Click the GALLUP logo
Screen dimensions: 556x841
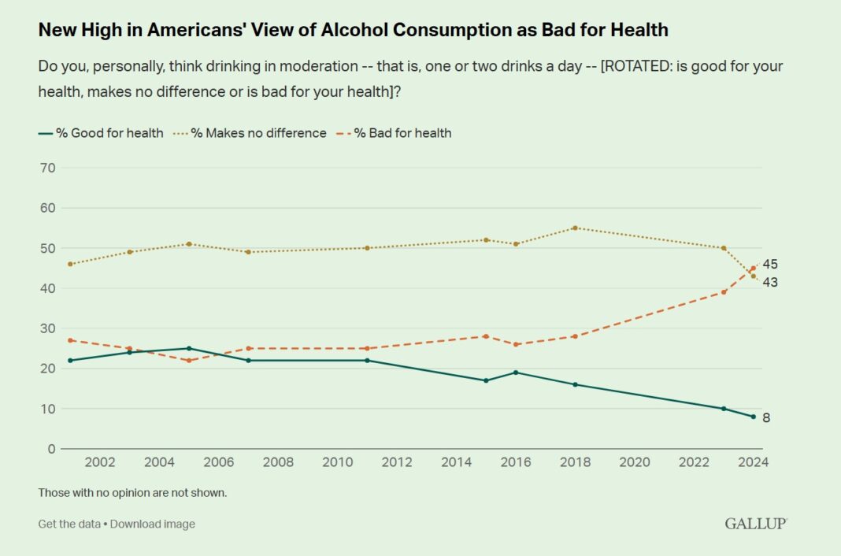755,524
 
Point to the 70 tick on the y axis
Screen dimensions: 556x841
47,168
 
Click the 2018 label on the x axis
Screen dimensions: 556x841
575,462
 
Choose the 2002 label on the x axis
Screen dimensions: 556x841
101,462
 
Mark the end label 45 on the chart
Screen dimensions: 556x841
770,264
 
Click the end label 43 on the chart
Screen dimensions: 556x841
770,282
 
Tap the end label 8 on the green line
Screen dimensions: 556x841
766,417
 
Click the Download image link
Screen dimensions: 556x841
152,524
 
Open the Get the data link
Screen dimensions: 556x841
69,524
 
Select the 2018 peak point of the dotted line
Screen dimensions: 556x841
575,228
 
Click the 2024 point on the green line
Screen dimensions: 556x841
754,417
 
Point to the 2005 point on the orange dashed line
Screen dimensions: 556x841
189,361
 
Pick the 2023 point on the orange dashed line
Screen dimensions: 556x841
724,292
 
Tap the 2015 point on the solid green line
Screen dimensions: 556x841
486,380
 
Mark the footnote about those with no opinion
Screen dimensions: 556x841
132,493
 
